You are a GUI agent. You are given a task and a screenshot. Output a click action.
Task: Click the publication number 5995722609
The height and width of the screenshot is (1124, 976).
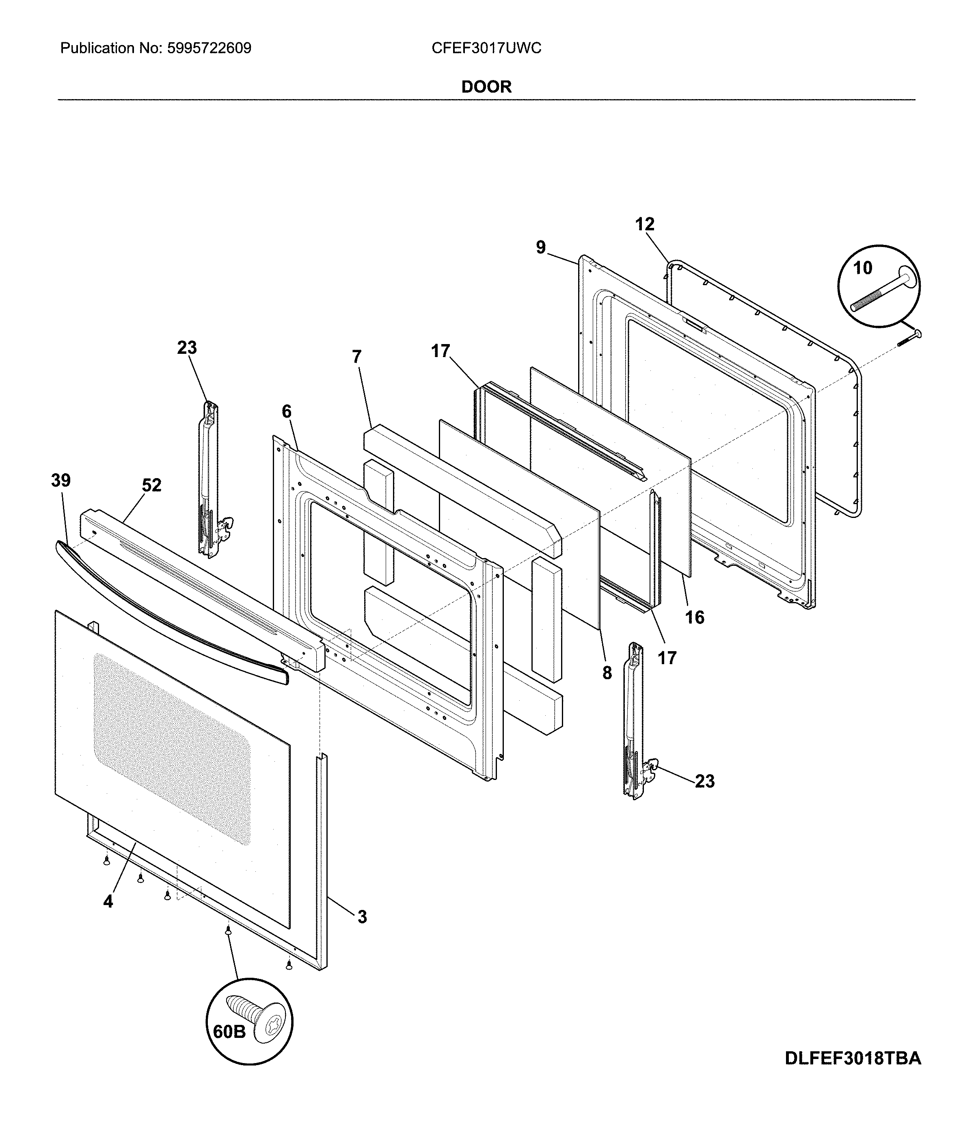(x=209, y=48)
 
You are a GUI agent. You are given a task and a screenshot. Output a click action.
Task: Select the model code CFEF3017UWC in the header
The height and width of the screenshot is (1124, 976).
(x=486, y=48)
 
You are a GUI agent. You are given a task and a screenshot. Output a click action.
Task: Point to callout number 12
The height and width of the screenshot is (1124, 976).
(x=644, y=224)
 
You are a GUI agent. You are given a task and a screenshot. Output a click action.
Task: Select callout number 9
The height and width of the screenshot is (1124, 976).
(x=540, y=247)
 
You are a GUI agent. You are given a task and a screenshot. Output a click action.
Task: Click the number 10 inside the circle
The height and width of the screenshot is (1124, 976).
(x=862, y=268)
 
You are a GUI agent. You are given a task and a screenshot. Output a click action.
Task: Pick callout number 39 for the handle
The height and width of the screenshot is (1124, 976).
(x=61, y=481)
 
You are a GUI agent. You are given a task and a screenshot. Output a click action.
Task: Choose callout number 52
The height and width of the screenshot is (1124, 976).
(x=151, y=485)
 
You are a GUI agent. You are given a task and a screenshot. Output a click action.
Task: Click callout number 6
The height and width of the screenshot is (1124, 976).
(x=287, y=411)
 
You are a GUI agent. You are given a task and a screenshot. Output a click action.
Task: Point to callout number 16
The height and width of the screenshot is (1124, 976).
(x=694, y=617)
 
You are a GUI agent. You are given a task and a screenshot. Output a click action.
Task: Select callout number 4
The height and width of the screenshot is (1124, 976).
(x=108, y=902)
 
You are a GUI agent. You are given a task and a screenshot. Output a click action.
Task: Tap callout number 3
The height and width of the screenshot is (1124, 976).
(x=362, y=917)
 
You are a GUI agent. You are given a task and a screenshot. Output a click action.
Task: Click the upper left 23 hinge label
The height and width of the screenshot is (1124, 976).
(x=187, y=348)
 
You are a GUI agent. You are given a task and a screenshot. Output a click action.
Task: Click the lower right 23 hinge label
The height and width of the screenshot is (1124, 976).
(x=704, y=781)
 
